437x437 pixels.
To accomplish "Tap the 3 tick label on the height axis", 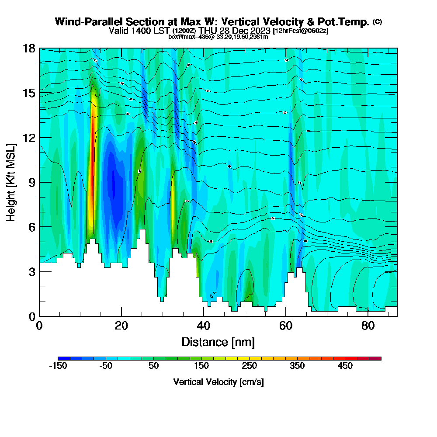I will [x=32, y=271].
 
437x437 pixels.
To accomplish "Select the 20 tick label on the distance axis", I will [x=121, y=326].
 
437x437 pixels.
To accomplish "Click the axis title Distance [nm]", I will [x=218, y=342].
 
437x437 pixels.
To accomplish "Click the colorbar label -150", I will [x=58, y=366].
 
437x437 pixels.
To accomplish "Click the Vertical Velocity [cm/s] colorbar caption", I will [x=218, y=382].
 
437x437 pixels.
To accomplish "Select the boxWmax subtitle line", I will [x=218, y=37].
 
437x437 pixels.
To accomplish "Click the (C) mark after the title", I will [x=377, y=22].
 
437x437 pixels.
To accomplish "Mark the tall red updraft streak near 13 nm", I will [x=92, y=166].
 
